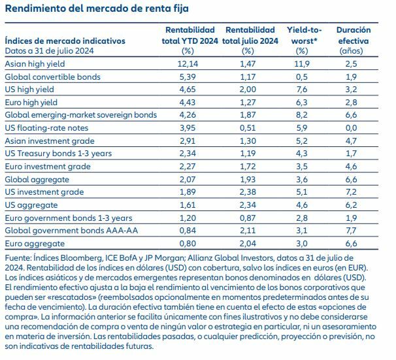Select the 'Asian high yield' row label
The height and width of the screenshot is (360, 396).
pyautogui.click(x=32, y=65)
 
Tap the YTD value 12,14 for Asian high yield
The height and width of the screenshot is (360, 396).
pyautogui.click(x=188, y=65)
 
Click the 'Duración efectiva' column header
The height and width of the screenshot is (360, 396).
pyautogui.click(x=353, y=35)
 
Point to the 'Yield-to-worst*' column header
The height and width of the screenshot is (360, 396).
pyautogui.click(x=301, y=35)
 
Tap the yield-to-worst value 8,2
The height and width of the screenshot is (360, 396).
pyautogui.click(x=301, y=116)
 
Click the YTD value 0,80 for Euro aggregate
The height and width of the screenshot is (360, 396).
pyautogui.click(x=188, y=243)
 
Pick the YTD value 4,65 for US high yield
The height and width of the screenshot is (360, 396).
pyautogui.click(x=188, y=90)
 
